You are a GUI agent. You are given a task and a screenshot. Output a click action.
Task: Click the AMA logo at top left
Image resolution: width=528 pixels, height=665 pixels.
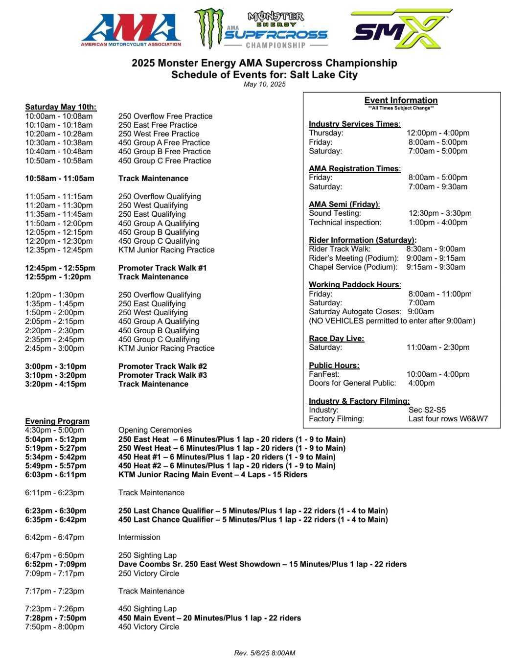coord(131,29)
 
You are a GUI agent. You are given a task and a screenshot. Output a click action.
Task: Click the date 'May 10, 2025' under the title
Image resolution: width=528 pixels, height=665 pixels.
coord(264,84)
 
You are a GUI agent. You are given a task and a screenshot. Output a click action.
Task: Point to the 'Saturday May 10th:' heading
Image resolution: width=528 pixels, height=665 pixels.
coord(61,107)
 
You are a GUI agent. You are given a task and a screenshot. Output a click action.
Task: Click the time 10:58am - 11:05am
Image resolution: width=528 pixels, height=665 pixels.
coord(60,179)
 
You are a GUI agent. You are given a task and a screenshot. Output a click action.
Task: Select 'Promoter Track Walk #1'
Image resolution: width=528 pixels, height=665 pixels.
coord(162,268)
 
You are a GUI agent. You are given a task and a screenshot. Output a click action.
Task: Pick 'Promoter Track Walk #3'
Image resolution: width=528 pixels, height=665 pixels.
coord(162,375)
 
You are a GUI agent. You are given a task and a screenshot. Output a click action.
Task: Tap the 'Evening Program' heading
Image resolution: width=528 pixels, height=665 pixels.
coord(57,421)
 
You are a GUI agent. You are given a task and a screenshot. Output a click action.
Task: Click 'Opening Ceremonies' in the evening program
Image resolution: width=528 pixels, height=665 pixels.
coord(155,430)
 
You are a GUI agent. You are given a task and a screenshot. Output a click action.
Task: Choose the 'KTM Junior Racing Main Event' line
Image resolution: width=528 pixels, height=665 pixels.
coord(213,474)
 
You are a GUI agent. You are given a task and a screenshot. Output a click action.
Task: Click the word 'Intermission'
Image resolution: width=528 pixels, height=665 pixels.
coord(139,537)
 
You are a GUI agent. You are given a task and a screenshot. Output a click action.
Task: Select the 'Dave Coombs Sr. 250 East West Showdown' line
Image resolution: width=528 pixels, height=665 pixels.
coord(262,564)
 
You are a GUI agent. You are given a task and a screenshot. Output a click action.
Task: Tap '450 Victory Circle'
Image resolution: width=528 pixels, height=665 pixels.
coord(149,626)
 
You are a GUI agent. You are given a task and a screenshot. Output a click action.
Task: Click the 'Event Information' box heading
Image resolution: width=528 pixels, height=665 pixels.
coord(401,100)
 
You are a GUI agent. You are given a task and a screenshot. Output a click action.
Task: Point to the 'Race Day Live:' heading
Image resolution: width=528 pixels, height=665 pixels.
coord(336,338)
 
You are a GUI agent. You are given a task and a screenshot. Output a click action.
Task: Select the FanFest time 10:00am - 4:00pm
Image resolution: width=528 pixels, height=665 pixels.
coord(438,374)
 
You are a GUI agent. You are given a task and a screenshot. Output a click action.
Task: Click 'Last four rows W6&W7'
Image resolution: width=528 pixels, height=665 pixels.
coord(448,418)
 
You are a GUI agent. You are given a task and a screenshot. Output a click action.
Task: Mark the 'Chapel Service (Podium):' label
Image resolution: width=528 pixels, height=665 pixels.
coord(353,267)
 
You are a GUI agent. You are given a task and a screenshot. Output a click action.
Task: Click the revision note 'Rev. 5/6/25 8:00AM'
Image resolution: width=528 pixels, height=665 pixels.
coord(264,653)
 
